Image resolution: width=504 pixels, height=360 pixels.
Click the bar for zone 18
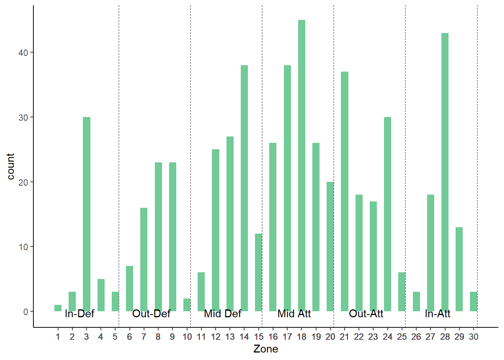(301, 165)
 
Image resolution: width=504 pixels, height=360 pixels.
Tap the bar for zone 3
(87, 214)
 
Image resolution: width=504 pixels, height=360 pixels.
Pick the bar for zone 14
(244, 187)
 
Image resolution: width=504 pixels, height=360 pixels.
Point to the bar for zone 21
(345, 191)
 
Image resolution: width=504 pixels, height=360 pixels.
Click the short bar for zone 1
(58, 308)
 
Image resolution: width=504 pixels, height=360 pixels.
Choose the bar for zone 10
(187, 305)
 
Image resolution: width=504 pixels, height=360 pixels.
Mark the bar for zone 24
(387, 214)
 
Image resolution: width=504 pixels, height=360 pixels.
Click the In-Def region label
(79, 313)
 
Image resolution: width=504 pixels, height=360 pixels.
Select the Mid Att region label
(294, 313)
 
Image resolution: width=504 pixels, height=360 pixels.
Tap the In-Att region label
(438, 313)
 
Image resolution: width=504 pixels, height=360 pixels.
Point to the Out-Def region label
(151, 313)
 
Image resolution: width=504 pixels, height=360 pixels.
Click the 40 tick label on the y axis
(23, 52)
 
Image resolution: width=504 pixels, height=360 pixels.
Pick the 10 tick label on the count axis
(23, 247)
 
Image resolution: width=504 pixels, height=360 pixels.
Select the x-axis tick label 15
(258, 337)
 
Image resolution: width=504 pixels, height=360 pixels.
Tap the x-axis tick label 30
(473, 337)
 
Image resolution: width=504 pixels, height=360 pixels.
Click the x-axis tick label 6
(129, 337)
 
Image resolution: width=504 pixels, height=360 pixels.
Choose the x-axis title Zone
(265, 349)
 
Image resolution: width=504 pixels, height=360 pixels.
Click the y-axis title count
(10, 166)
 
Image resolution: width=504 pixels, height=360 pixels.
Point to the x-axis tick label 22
(359, 337)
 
